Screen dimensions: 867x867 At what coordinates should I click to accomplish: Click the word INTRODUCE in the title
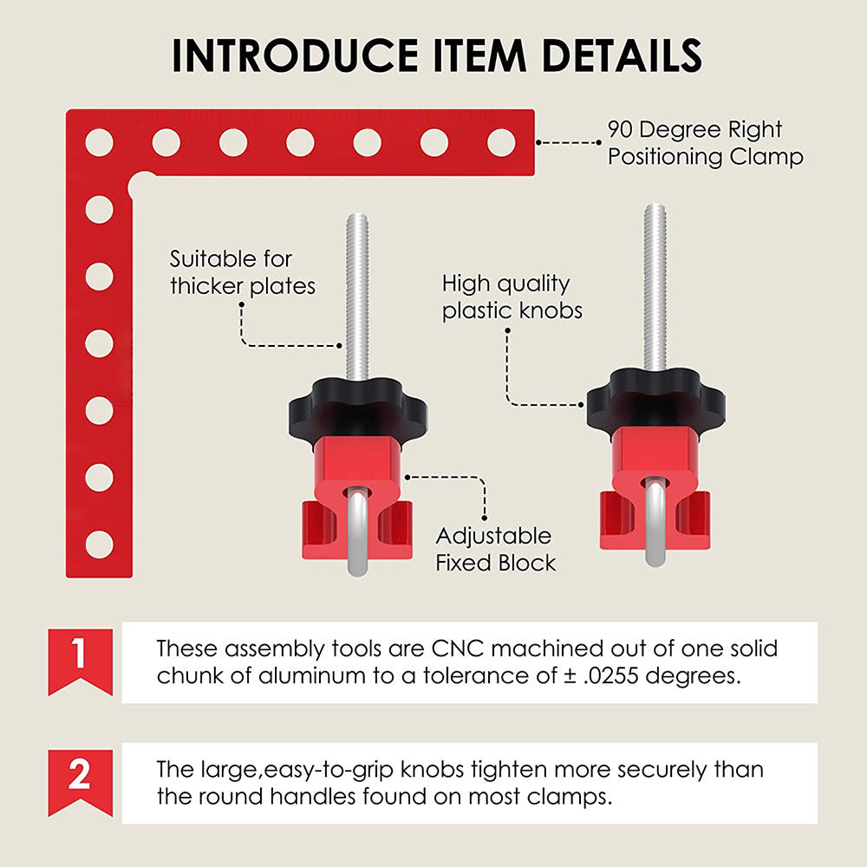[x=295, y=55]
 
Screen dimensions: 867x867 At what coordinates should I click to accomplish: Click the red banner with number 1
[x=80, y=662]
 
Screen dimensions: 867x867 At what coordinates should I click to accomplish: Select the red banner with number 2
[x=80, y=782]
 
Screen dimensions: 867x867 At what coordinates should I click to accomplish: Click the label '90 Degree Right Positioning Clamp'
[x=705, y=143]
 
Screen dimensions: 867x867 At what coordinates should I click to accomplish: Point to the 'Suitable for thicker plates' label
[x=242, y=272]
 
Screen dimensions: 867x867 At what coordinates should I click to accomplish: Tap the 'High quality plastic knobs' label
[x=512, y=297]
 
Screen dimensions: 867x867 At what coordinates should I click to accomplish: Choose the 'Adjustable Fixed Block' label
[x=495, y=549]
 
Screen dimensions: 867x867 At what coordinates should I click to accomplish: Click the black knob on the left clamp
[x=358, y=409]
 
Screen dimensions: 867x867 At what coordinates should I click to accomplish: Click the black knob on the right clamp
[x=655, y=399]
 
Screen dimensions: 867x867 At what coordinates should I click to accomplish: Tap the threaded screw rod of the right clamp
[x=655, y=287]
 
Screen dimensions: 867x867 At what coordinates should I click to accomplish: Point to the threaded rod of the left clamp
[x=357, y=297]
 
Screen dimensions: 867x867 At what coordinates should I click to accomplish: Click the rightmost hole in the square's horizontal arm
[x=501, y=143]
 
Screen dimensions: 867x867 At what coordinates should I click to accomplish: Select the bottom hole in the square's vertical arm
[x=100, y=544]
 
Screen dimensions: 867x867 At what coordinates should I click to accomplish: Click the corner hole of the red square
[x=100, y=143]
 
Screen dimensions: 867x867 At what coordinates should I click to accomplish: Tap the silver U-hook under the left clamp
[x=358, y=531]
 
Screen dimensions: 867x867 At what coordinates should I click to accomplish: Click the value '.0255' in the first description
[x=611, y=675]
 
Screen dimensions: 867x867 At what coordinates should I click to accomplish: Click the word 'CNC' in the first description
[x=457, y=648]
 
